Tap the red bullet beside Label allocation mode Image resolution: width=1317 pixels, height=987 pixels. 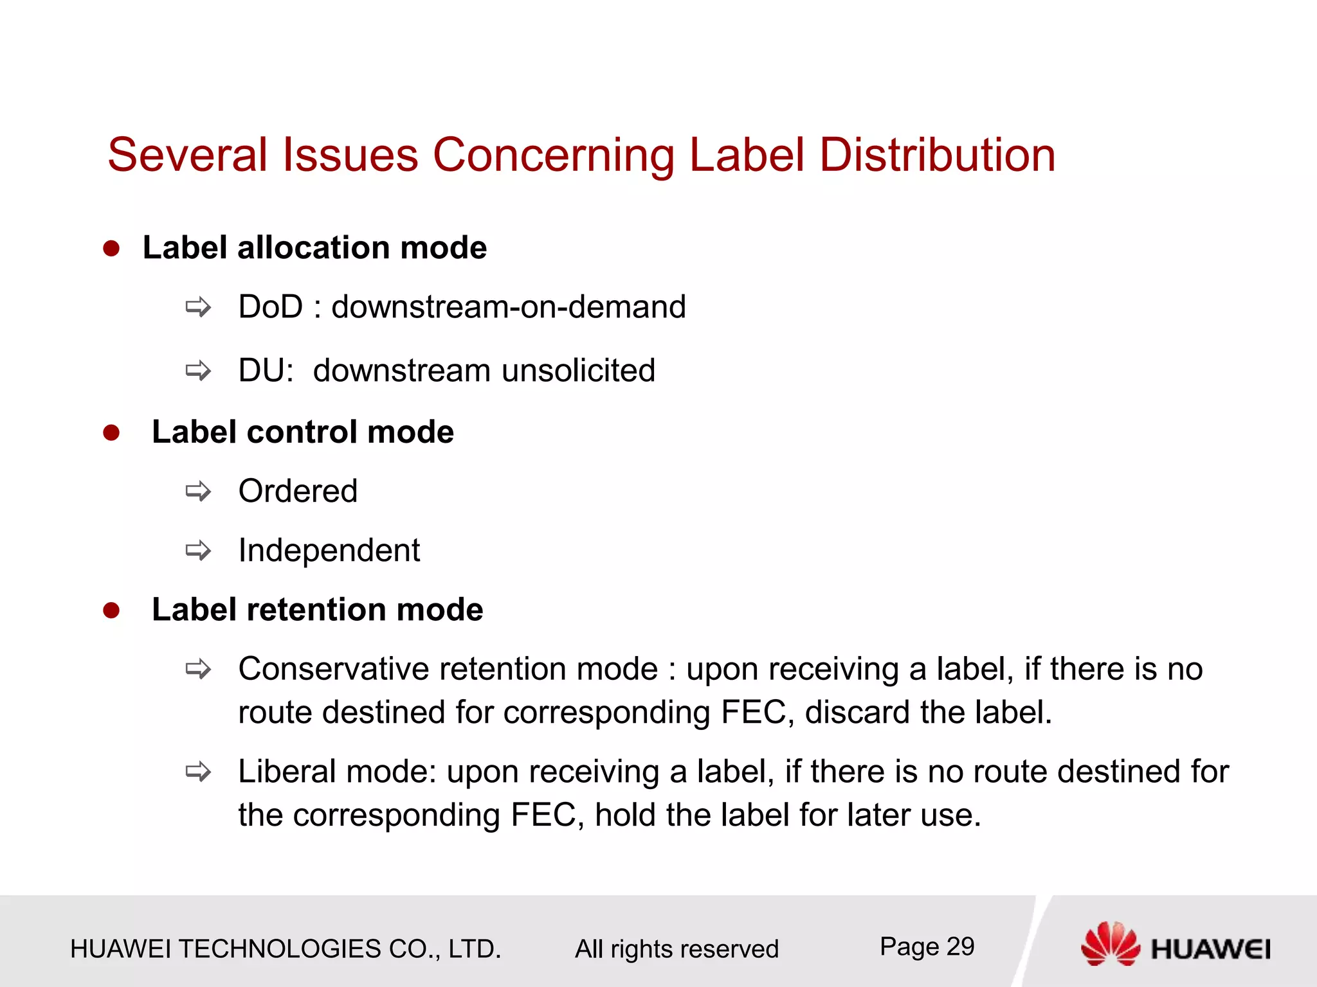click(111, 249)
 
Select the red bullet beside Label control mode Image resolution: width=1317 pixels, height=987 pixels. click(111, 432)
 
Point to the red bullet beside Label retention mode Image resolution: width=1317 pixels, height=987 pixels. click(111, 610)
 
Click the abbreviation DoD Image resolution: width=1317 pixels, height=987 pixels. click(270, 307)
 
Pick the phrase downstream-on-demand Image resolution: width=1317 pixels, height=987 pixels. click(509, 307)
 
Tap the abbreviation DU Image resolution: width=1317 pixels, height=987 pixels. click(263, 371)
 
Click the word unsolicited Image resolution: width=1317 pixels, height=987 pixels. click(579, 371)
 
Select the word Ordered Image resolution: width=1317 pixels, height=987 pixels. click(298, 492)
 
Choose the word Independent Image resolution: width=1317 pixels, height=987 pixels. click(329, 551)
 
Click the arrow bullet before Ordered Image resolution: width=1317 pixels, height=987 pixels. click(198, 492)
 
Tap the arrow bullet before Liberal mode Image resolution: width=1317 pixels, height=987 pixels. click(198, 771)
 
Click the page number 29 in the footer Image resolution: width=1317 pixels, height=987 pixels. click(960, 947)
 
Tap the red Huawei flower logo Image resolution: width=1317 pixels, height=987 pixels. click(1110, 943)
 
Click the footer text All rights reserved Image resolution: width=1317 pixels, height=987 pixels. click(677, 949)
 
